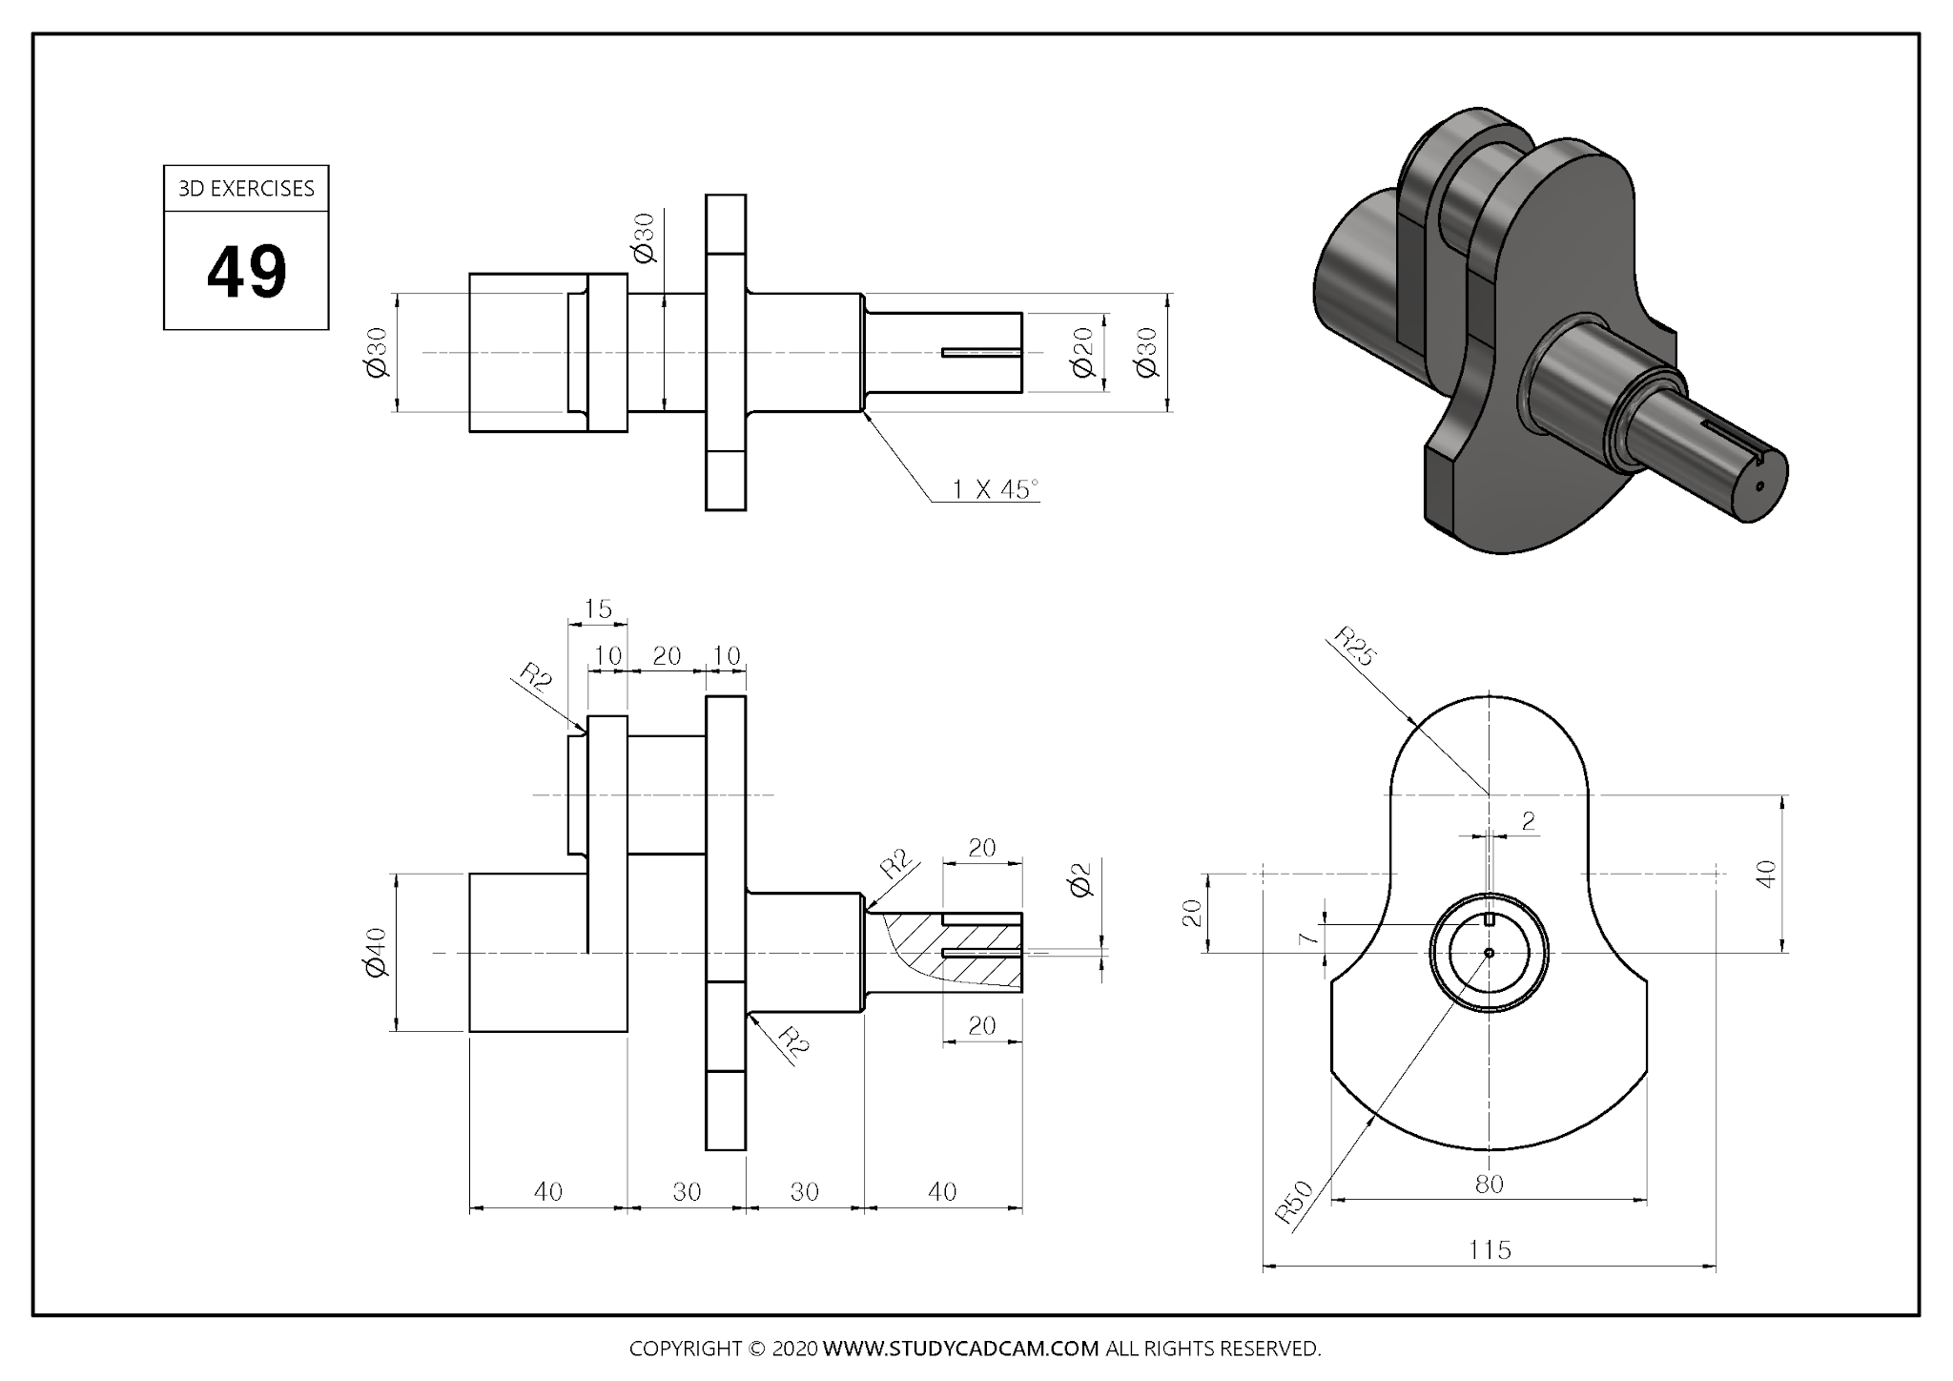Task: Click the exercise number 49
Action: click(246, 272)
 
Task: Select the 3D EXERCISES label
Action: click(246, 189)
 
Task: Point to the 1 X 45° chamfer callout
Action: click(994, 489)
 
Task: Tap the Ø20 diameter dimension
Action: click(1082, 353)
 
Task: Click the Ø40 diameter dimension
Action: click(376, 952)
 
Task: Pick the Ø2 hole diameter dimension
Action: click(1080, 880)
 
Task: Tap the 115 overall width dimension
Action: click(1490, 1249)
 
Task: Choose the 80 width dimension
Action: click(1489, 1185)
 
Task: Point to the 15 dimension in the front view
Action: click(597, 608)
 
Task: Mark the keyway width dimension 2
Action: click(1529, 821)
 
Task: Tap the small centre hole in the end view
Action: click(1489, 952)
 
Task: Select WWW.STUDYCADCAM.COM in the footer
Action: click(960, 1349)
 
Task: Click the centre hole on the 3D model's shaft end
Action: click(1759, 484)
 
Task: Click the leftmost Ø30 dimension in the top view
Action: click(378, 353)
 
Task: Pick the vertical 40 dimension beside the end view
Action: click(1766, 874)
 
